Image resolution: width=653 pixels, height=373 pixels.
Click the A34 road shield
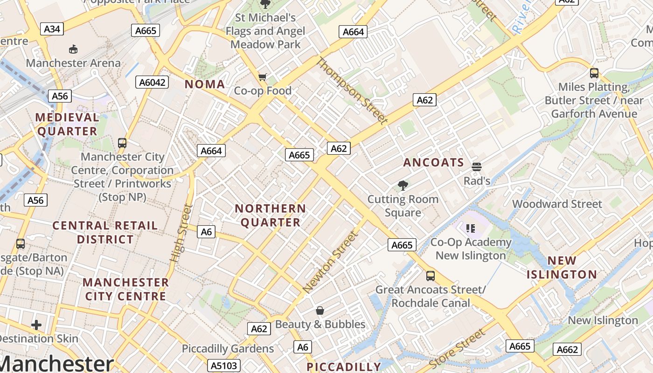(x=52, y=29)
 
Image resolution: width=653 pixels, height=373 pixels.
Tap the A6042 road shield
(x=153, y=83)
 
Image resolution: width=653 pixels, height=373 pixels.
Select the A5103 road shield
(x=222, y=365)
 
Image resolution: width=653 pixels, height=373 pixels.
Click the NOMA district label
(x=205, y=84)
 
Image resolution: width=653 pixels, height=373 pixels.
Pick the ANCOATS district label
(x=433, y=163)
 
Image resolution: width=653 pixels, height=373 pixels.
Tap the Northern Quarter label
(x=271, y=215)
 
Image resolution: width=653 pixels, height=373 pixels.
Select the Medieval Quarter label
(x=68, y=124)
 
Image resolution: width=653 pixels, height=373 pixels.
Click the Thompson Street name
(x=352, y=91)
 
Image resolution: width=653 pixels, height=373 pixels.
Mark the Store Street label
(x=457, y=349)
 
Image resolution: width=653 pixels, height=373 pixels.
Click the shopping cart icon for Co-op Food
(x=263, y=77)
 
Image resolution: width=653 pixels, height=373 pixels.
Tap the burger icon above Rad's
(x=476, y=166)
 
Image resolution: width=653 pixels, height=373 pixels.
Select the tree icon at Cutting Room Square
(x=403, y=186)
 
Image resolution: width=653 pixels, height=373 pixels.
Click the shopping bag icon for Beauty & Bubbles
(x=320, y=311)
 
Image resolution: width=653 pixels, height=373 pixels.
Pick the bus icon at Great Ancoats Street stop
(x=430, y=276)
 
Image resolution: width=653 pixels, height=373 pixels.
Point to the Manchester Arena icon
(x=73, y=49)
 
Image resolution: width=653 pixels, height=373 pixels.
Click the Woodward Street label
(x=557, y=204)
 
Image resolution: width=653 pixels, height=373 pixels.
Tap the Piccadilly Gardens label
(x=228, y=349)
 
